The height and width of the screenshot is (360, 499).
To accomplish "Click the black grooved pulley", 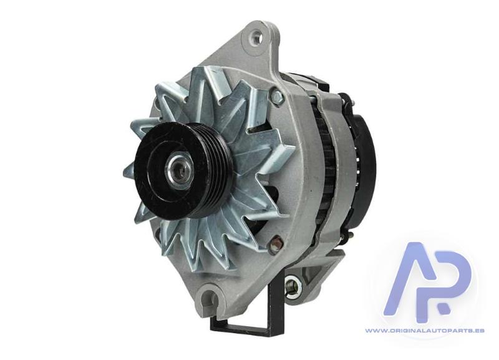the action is click(x=182, y=170).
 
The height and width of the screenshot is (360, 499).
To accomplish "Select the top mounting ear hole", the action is click(x=256, y=37).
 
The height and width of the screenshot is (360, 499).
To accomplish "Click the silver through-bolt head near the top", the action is click(x=277, y=95).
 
